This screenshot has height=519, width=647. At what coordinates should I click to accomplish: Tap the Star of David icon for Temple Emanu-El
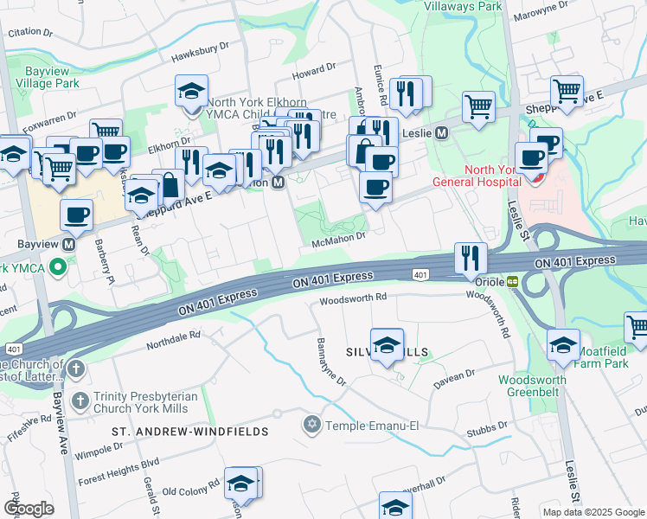[x=311, y=425]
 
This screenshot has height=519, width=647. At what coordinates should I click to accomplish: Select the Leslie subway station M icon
[x=441, y=133]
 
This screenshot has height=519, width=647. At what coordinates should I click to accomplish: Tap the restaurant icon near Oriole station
[x=470, y=256]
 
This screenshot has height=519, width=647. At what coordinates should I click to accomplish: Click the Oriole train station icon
[x=512, y=281]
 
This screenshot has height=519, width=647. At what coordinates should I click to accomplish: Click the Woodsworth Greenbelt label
[x=532, y=386]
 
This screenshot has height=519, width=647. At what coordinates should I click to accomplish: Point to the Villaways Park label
[x=463, y=6]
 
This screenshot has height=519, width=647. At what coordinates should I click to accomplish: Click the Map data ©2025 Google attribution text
[x=593, y=512]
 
